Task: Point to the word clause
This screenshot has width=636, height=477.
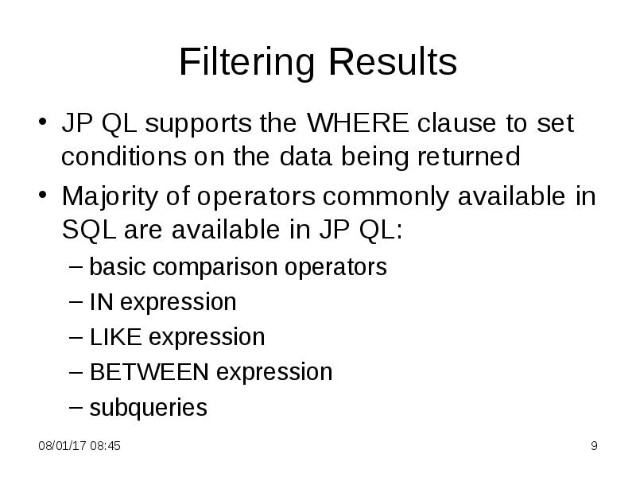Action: click(x=460, y=125)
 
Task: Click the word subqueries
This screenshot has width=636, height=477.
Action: click(x=148, y=408)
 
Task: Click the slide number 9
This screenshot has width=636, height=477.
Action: click(x=593, y=447)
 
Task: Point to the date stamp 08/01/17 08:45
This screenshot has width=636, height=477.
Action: click(x=80, y=447)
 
